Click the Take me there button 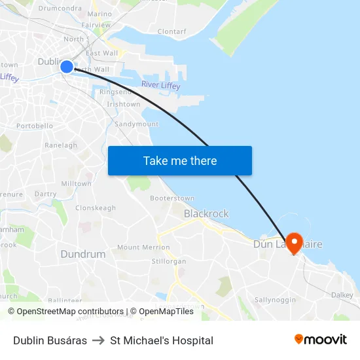(x=179, y=161)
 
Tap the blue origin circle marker (x=67, y=66)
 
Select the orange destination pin (x=294, y=243)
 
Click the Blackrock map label (x=206, y=213)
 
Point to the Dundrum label (x=82, y=254)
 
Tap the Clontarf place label (x=171, y=31)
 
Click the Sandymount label (x=136, y=124)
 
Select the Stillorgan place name (x=169, y=261)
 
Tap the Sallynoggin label (x=275, y=300)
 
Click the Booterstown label (x=172, y=198)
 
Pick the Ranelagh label (x=61, y=145)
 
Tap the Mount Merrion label (x=143, y=248)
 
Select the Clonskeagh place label (x=96, y=208)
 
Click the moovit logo (x=320, y=340)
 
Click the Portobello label (x=35, y=126)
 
